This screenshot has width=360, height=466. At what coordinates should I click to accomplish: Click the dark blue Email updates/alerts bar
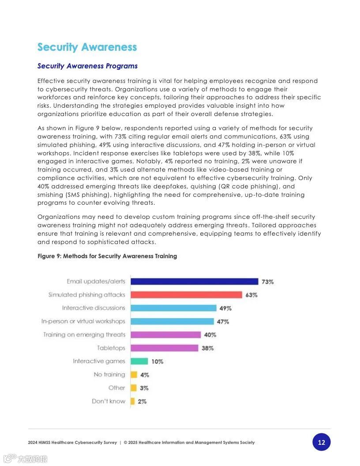click(x=194, y=282)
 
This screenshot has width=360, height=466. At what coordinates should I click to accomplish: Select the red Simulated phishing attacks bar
click(x=186, y=295)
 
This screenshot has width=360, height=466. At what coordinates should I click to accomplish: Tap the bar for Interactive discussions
click(x=173, y=308)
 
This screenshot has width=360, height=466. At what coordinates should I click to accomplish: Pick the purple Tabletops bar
click(x=164, y=348)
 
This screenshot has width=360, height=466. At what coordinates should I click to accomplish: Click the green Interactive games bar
click(x=139, y=361)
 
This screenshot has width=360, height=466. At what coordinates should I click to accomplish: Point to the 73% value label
click(x=267, y=282)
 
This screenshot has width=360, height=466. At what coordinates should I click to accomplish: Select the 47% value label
click(x=223, y=322)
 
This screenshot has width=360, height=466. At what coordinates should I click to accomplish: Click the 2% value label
click(x=142, y=402)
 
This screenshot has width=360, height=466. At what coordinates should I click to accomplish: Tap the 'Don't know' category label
click(x=109, y=401)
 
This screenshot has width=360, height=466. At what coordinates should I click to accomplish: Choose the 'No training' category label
click(x=109, y=375)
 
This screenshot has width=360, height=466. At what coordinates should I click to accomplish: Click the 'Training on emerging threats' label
click(x=84, y=334)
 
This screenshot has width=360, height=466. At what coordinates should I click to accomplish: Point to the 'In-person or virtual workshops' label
click(x=83, y=321)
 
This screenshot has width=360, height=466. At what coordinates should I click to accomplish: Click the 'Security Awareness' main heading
click(x=87, y=47)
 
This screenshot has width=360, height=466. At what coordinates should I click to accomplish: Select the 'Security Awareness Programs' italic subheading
click(x=87, y=66)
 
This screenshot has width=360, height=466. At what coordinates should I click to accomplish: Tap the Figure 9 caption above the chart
click(x=107, y=256)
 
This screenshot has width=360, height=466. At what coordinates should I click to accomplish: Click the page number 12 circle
click(x=321, y=442)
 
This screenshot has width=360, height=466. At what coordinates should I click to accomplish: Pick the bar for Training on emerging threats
click(x=165, y=335)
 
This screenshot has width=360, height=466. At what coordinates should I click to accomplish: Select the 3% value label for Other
click(x=144, y=388)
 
